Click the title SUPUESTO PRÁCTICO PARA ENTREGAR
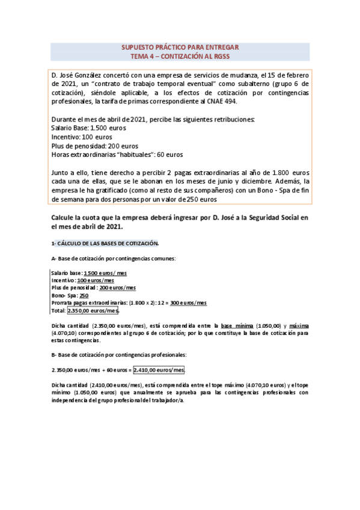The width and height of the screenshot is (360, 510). (180, 47)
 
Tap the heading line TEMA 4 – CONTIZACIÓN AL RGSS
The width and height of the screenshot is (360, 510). (180, 56)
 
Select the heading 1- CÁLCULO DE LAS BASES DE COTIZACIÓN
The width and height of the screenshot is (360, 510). (105, 243)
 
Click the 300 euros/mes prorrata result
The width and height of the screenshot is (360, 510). (189, 303)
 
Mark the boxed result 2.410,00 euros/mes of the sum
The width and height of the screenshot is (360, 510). (159, 370)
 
